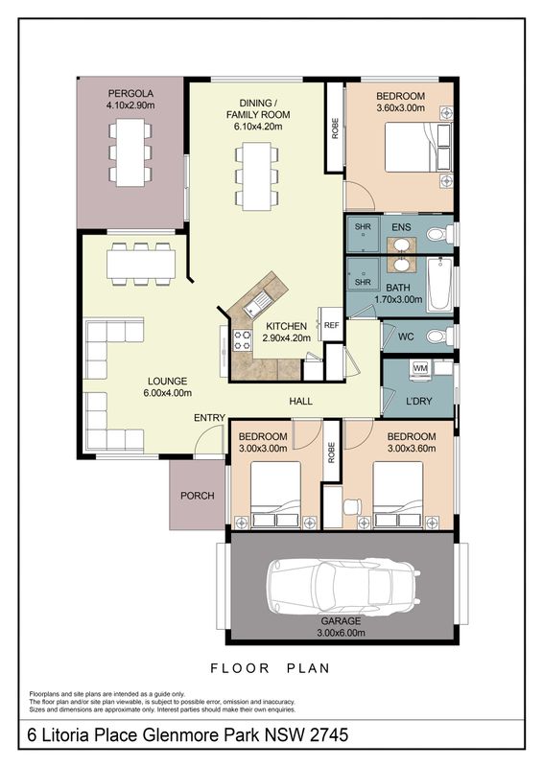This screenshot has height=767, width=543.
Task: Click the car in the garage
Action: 342,587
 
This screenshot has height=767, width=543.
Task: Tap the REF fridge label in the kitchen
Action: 332,325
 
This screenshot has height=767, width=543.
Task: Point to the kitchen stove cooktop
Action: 242,340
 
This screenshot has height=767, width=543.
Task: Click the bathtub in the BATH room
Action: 439,285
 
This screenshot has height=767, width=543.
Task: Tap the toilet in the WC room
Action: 439,337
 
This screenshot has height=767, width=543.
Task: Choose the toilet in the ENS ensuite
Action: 439,234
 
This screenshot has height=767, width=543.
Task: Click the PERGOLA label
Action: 130,93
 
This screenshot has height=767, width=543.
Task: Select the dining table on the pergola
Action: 130,152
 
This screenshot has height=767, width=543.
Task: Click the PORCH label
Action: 198,496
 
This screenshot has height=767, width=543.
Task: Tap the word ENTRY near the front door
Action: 209,418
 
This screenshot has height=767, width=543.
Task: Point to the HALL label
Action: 300,401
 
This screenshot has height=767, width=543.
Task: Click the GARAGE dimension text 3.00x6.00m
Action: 341,633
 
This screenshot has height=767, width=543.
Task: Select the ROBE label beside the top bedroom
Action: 336,128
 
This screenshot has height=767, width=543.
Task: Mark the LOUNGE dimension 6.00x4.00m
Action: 168,393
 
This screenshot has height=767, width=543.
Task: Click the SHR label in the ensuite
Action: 363,227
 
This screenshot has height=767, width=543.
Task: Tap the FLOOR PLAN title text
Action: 271,668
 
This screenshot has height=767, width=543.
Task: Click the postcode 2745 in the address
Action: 329,734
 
